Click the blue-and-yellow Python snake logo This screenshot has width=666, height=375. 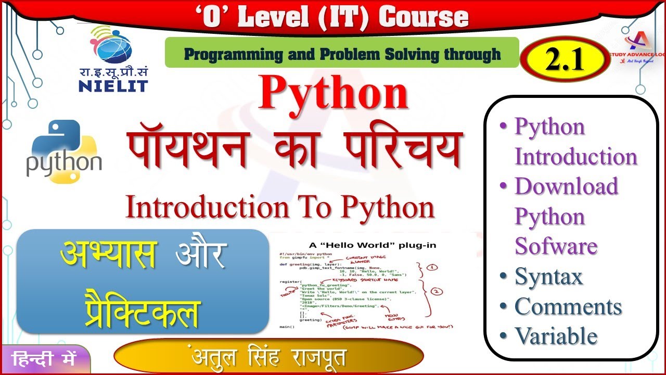coord(64,152)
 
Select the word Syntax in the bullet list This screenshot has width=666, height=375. coord(548,277)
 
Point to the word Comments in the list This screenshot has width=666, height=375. coord(568,306)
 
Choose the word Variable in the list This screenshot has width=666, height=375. coord(556,336)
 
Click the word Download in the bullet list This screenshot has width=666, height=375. coord(566,186)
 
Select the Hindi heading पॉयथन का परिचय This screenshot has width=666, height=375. coord(294,151)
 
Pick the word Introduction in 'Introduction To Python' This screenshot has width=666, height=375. coord(207,207)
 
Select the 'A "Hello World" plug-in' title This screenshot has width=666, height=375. coord(373,245)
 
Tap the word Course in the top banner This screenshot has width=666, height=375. coord(423,17)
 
